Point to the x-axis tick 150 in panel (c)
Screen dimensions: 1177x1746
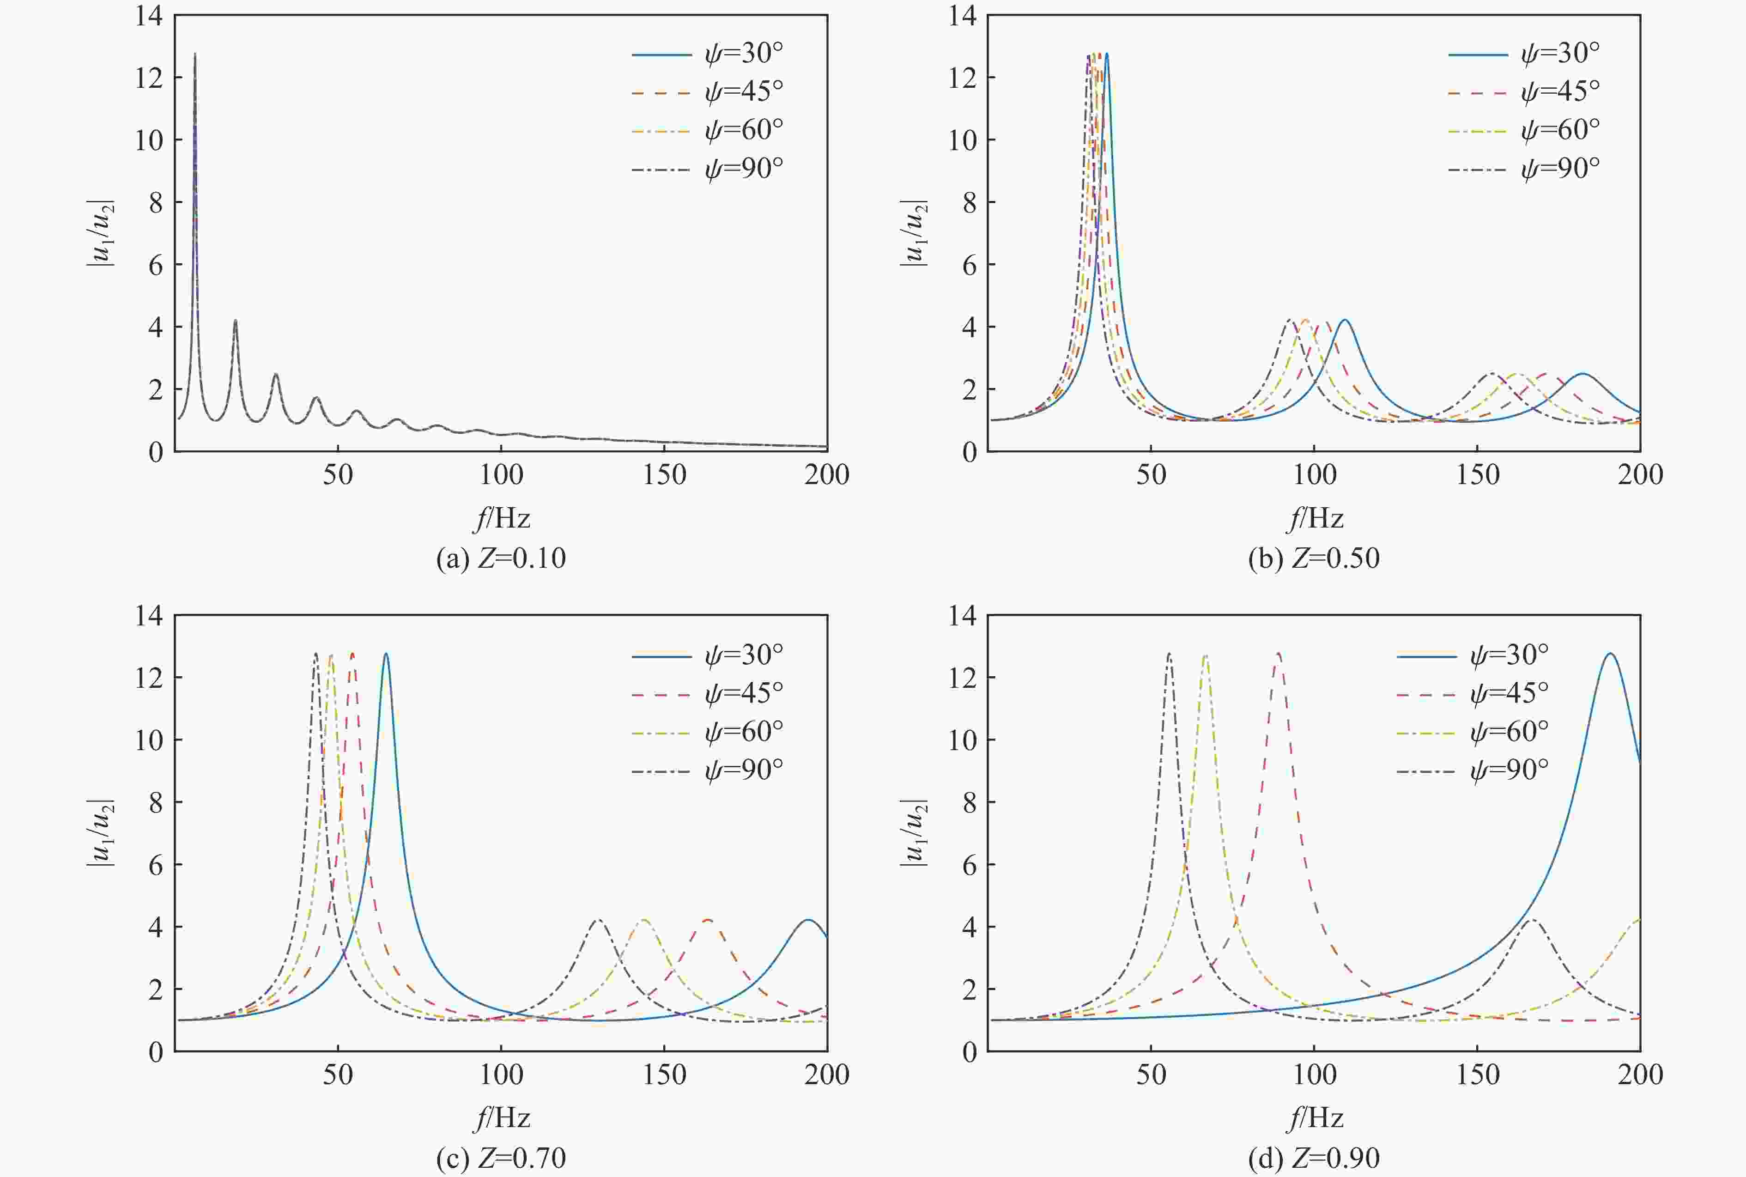[664, 1075]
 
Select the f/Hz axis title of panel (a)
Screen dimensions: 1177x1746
[502, 518]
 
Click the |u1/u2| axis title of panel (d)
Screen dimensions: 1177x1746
[914, 831]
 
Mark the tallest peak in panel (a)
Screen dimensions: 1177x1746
[195, 54]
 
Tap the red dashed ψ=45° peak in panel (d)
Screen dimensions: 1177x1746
[1279, 654]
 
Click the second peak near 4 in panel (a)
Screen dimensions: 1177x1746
[235, 321]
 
